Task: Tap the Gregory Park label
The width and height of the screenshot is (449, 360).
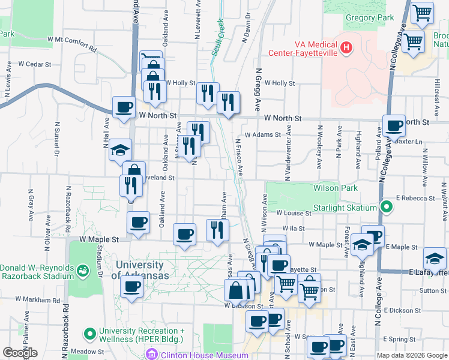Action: click(370, 17)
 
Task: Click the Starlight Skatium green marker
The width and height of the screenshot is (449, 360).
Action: click(387, 208)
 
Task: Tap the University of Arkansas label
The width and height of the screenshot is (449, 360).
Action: click(139, 270)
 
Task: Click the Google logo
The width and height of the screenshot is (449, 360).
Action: click(20, 352)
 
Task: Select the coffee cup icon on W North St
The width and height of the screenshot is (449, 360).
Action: click(124, 107)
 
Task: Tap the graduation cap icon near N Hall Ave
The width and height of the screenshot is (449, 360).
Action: click(120, 149)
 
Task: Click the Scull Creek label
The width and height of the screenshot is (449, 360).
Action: click(217, 39)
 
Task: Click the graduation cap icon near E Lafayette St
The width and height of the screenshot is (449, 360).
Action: click(435, 259)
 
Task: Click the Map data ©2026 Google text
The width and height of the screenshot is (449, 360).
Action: click(411, 355)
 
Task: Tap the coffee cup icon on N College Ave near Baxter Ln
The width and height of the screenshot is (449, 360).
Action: click(394, 126)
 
